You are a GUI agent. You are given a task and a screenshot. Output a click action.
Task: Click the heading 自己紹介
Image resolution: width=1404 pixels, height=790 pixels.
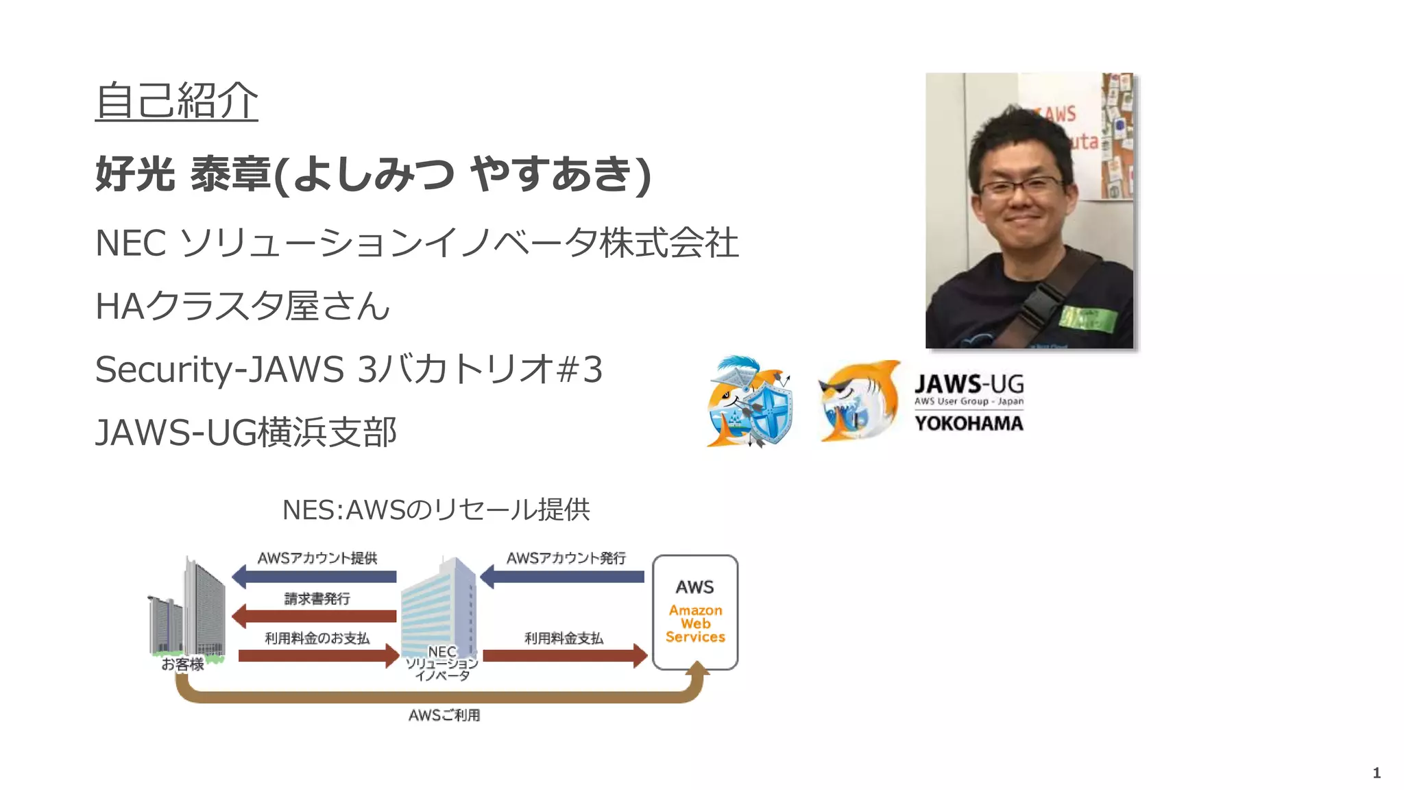point(176,101)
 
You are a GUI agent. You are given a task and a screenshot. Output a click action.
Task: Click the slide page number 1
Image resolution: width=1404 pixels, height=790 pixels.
point(1376,773)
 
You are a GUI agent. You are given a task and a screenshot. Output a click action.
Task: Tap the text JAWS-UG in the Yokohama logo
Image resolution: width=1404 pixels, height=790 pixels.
point(969,384)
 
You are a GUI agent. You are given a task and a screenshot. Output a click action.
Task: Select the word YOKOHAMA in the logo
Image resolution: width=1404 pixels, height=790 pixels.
point(969,423)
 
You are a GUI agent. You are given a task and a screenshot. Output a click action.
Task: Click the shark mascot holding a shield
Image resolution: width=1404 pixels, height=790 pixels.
point(750,402)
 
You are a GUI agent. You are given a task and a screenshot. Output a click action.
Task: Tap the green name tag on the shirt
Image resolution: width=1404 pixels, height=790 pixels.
point(1089,318)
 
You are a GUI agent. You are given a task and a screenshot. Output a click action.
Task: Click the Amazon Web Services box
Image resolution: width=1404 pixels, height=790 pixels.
point(695,612)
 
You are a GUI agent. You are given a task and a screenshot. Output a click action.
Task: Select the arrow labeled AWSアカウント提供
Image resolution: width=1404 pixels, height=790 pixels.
point(315,577)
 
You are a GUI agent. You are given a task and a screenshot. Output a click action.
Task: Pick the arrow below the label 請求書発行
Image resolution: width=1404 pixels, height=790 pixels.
point(315,616)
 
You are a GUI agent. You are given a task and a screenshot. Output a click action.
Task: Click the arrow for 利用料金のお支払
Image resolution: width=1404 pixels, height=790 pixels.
point(318,656)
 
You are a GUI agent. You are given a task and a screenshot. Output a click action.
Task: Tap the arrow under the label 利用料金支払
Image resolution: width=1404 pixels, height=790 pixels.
point(565,656)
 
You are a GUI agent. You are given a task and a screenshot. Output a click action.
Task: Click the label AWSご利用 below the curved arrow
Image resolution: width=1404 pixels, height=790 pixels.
point(444,715)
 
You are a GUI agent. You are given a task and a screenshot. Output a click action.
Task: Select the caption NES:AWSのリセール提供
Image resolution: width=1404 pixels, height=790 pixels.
point(436,510)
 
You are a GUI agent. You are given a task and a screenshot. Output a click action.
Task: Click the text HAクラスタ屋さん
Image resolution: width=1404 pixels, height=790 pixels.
point(243,306)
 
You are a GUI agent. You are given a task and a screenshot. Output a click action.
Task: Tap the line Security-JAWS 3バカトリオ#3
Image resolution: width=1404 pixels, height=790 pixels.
point(348,369)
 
